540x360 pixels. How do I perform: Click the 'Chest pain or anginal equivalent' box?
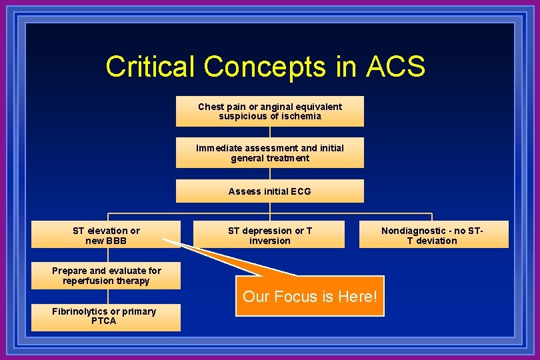[x=270, y=111]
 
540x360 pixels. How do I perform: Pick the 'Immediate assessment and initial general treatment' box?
[x=270, y=153]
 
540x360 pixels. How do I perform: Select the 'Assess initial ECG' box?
[x=270, y=191]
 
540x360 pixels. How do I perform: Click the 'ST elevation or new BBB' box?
[x=106, y=235]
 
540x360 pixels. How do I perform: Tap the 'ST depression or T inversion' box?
[x=270, y=235]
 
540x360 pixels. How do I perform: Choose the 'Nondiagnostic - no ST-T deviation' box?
[x=433, y=235]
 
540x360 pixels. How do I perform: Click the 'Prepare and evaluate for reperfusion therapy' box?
[x=106, y=276]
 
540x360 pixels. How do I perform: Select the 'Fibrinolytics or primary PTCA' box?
[x=106, y=317]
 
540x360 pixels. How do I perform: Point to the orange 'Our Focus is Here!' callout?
[x=310, y=296]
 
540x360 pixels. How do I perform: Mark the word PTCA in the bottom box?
[x=104, y=321]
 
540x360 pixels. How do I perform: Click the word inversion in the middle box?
[x=270, y=241]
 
